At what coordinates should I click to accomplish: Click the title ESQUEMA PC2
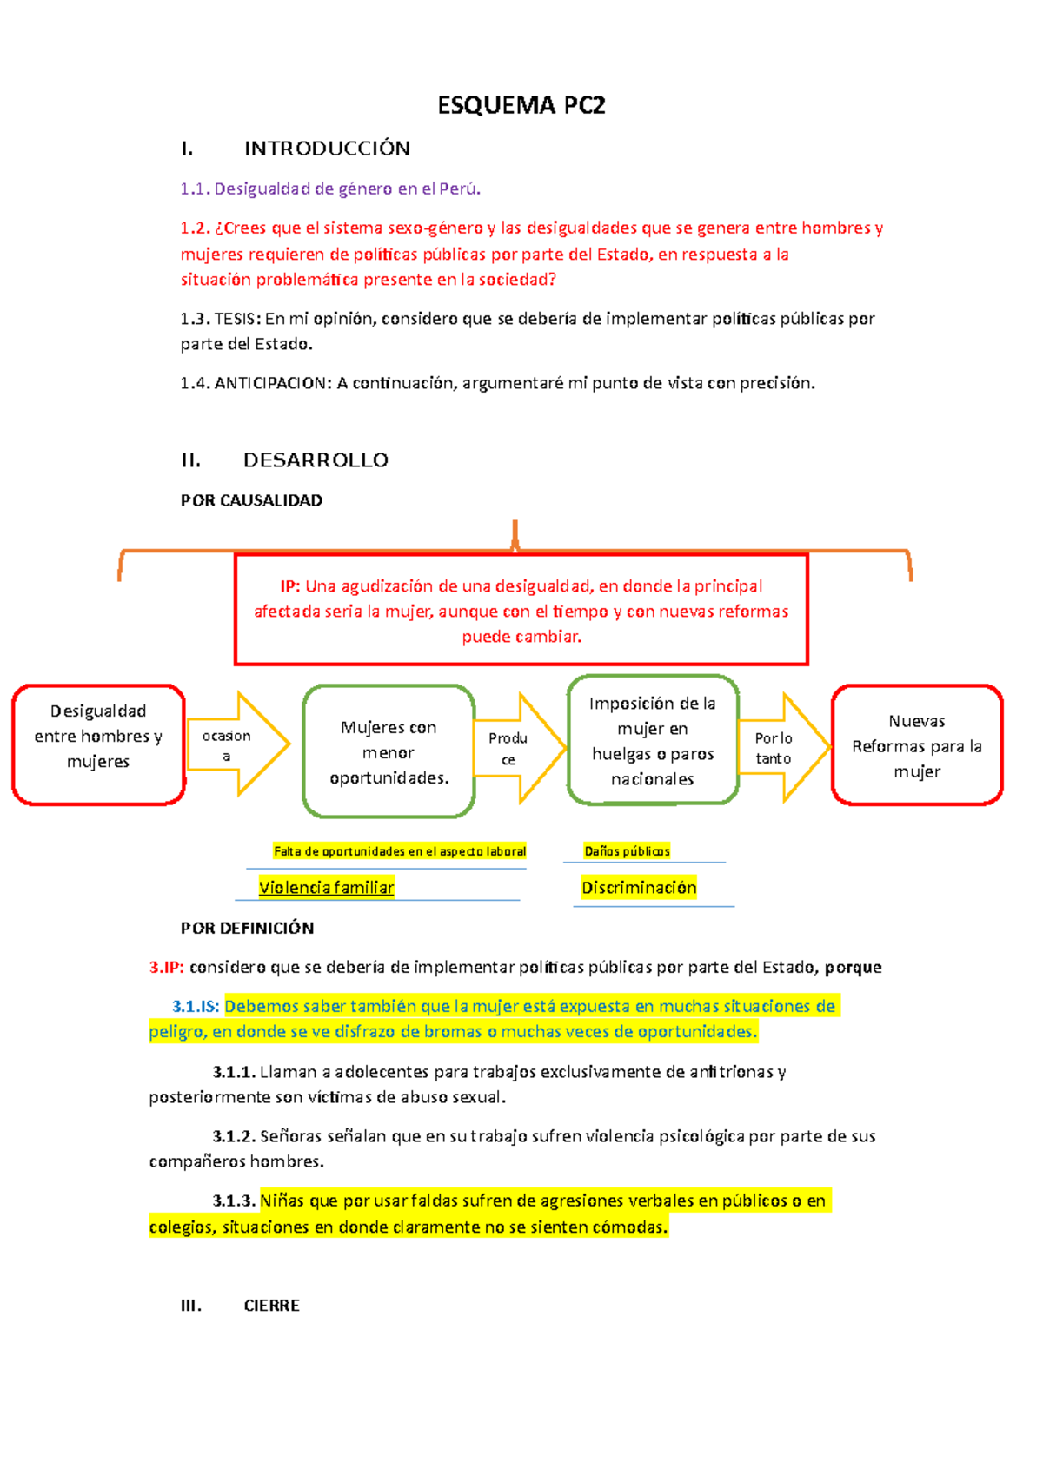(521, 105)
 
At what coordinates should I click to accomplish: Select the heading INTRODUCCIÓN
(327, 149)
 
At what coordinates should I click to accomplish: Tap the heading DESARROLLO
(316, 460)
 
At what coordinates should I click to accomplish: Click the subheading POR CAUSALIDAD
(251, 500)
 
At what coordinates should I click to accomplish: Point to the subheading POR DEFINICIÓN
(247, 928)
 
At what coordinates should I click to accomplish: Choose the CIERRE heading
(271, 1305)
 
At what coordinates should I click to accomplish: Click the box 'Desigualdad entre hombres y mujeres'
(98, 744)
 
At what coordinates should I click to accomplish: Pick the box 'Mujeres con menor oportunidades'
(389, 751)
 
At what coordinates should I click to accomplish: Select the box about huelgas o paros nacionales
(653, 741)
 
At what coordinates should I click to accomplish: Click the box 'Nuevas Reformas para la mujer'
(917, 745)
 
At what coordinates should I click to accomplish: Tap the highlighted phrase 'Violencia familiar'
(326, 887)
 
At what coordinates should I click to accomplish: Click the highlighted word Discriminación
(639, 887)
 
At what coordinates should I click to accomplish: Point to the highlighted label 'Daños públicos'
(627, 851)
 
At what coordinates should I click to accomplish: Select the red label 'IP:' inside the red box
(289, 586)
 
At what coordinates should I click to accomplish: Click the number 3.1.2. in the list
(234, 1136)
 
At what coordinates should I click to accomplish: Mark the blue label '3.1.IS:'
(196, 1006)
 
